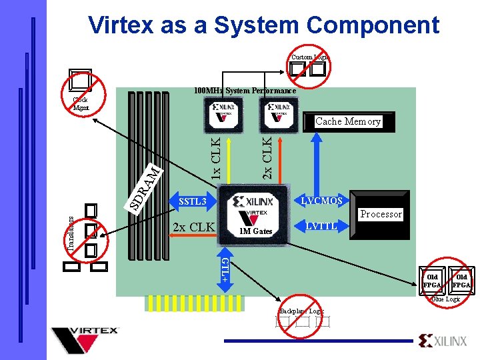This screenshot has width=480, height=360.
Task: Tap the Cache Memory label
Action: point(347,121)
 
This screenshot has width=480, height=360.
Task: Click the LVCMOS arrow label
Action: point(322,201)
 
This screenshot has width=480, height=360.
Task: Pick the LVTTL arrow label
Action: point(321,227)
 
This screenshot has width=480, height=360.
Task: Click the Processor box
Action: point(381,214)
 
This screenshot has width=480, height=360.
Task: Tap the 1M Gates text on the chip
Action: point(256,231)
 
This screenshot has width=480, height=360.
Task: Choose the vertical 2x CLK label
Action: point(267,157)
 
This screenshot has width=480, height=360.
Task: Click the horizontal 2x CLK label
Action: point(193,227)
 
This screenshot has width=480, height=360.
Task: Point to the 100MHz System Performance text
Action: point(244,90)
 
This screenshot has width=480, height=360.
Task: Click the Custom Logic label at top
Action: point(308,58)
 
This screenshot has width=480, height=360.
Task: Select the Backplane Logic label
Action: point(301,311)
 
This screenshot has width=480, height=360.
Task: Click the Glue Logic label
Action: point(445,299)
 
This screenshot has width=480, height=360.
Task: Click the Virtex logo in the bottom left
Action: point(85,339)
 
